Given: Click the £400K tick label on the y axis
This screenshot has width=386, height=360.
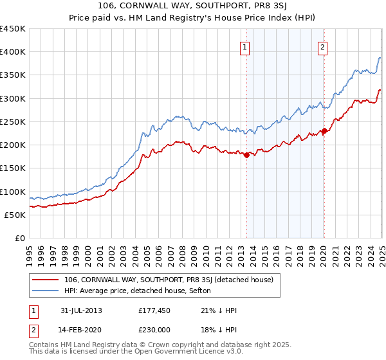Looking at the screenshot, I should tap(13, 52).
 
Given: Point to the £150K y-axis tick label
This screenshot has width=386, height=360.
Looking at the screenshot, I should tap(13, 168).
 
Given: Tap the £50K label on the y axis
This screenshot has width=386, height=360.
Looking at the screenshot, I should tap(15, 215).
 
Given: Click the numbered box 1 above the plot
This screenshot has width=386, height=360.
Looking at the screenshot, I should tap(246, 46).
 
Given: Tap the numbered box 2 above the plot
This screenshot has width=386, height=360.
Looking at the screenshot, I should tap(322, 46).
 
